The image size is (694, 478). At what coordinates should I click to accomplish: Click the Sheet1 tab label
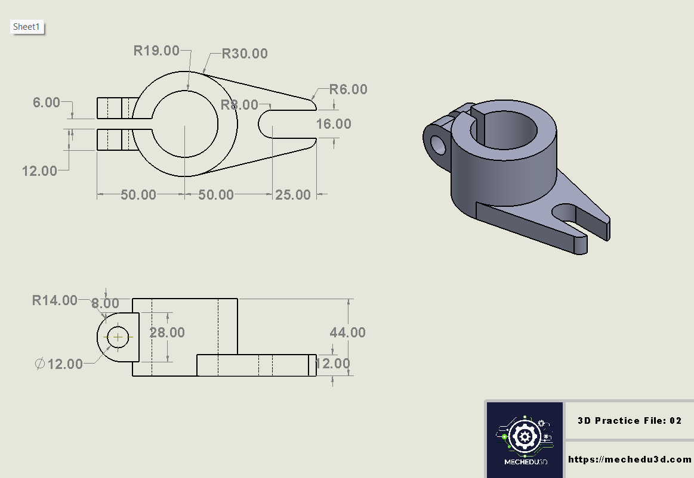pos(27,27)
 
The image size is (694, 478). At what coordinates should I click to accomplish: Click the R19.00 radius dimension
pos(156,51)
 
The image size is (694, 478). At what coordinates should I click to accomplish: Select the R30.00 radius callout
pos(244,54)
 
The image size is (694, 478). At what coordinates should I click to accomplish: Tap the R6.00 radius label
pos(348,89)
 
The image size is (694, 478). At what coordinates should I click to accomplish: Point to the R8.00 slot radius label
pos(239,105)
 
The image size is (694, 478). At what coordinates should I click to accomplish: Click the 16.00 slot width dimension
pos(334,124)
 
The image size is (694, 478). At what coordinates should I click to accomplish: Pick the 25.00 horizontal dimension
pos(292,194)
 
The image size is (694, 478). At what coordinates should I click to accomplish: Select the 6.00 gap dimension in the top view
pos(46,103)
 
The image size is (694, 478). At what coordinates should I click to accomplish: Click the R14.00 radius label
pos(54,300)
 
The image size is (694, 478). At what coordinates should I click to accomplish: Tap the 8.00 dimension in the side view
pos(105,303)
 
